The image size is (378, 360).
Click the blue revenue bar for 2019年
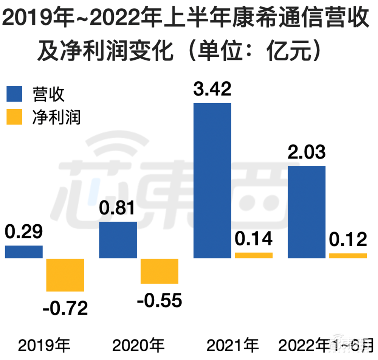(x=23, y=252)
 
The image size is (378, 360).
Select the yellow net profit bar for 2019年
(x=65, y=275)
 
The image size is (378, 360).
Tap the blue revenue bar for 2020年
(x=118, y=240)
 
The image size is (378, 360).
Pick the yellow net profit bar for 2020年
(x=159, y=271)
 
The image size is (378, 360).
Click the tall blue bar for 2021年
(x=212, y=180)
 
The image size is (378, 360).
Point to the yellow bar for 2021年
(x=254, y=255)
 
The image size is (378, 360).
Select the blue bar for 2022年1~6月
(x=307, y=212)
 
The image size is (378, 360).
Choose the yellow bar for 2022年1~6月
(x=348, y=256)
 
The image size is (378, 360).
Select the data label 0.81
(x=118, y=209)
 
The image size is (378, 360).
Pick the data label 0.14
(x=254, y=239)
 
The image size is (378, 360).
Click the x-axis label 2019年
(x=45, y=345)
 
